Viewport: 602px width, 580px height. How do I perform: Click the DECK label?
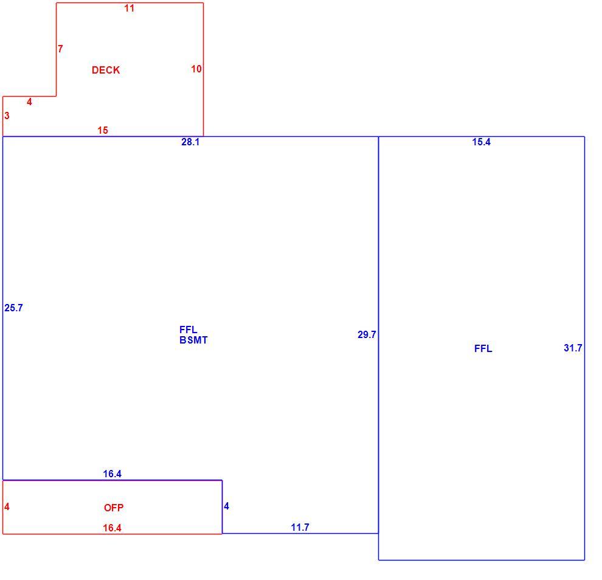106,71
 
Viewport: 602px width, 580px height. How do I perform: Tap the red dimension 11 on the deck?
130,8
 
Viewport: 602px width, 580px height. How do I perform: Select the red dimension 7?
60,49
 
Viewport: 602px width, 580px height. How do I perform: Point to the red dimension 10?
196,69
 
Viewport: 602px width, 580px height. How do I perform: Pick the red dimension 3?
7,116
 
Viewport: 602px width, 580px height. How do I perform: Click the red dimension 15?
103,131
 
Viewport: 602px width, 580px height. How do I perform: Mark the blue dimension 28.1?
190,142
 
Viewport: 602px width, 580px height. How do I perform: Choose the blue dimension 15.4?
482,142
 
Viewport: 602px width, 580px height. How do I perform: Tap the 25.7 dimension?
14,308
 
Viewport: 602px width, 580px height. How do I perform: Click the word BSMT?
193,340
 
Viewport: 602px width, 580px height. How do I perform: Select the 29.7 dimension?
367,335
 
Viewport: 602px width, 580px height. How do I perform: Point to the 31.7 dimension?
573,348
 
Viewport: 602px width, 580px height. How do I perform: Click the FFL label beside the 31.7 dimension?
483,348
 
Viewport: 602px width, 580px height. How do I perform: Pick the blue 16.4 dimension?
112,474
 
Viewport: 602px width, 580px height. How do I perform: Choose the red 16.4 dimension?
112,528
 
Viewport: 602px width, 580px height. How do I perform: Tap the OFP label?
114,508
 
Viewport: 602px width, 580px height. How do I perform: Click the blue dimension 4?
227,506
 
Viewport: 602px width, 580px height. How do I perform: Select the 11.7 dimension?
300,528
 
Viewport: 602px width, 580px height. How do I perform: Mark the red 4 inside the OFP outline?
7,506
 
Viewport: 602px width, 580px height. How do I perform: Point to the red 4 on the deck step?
29,102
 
